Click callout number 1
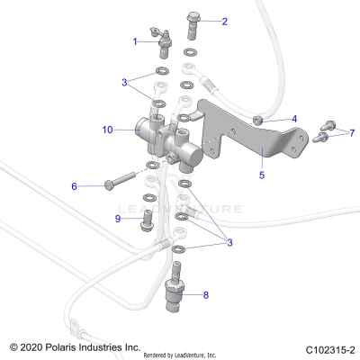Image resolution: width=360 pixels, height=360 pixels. [x=136, y=41]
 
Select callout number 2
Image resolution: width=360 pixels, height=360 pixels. [x=224, y=21]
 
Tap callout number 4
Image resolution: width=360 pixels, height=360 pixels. [x=293, y=118]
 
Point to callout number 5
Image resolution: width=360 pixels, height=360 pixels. [x=262, y=175]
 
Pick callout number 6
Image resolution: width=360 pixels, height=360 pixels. [x=75, y=186]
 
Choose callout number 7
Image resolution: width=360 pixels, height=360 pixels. [x=352, y=132]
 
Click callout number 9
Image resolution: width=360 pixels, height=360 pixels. [x=118, y=218]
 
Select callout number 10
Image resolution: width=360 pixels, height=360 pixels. [x=107, y=130]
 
